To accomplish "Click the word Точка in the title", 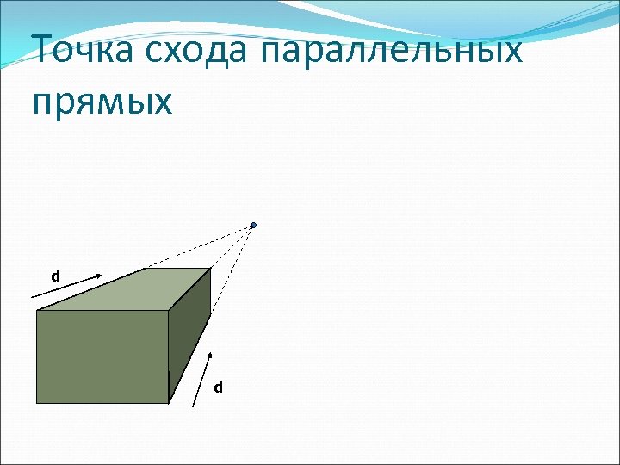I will (x=83, y=52).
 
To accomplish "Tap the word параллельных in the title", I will (x=390, y=52).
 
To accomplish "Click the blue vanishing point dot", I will (x=254, y=226).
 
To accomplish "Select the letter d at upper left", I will (x=55, y=277).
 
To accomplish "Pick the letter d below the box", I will (x=218, y=387).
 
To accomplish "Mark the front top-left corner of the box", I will (x=36, y=311).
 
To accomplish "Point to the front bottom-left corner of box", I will (x=36, y=402).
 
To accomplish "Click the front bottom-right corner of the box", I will (x=168, y=402).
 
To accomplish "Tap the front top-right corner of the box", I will (x=168, y=311).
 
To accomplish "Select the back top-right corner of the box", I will (x=211, y=269).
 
